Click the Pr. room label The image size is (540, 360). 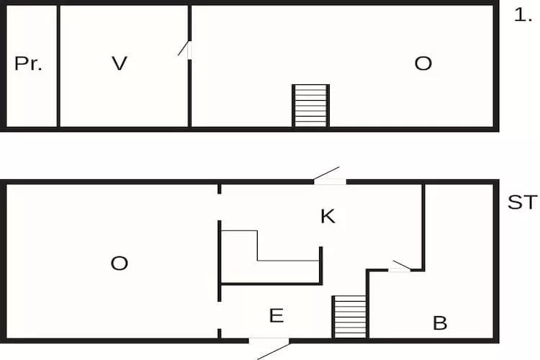(x=28, y=64)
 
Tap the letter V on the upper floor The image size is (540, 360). (x=120, y=63)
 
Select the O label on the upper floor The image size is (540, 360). (x=423, y=63)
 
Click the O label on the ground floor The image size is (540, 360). (x=119, y=264)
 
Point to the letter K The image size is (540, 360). (x=328, y=216)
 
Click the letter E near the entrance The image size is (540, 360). (x=276, y=315)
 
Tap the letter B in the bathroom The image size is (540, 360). (x=440, y=323)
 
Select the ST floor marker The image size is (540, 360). (x=522, y=202)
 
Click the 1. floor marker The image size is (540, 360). (x=523, y=16)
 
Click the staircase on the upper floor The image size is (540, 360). (x=310, y=106)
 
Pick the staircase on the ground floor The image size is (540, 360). (x=351, y=317)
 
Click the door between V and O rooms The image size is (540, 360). (x=185, y=50)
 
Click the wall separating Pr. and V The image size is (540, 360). (x=58, y=66)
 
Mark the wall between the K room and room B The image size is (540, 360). (x=423, y=228)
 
